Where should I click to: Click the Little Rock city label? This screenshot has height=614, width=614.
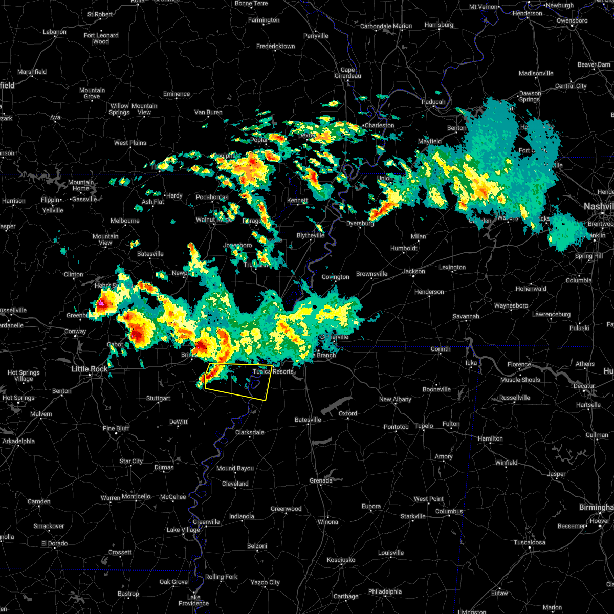click(x=90, y=369)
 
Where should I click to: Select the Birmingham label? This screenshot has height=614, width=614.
click(x=596, y=507)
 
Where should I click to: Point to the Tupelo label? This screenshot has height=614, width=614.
click(x=424, y=426)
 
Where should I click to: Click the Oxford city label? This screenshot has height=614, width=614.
click(x=348, y=413)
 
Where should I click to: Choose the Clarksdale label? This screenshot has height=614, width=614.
click(x=250, y=432)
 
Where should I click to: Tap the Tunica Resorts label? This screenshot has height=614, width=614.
click(x=273, y=371)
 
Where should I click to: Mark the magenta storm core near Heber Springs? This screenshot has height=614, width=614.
click(x=101, y=303)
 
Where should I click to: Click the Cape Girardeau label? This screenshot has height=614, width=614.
click(x=347, y=73)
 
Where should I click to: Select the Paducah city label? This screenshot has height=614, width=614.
click(x=433, y=102)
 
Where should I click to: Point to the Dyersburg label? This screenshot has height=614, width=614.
click(x=360, y=223)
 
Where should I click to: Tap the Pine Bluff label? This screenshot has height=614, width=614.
click(x=116, y=428)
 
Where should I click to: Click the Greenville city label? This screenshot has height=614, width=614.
click(x=206, y=522)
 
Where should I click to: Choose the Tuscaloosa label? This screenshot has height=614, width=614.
click(x=529, y=542)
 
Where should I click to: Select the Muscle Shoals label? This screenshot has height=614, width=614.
click(x=520, y=380)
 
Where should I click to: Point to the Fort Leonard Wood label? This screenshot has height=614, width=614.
click(x=101, y=38)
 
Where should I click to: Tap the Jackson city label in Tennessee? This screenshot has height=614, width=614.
click(x=413, y=271)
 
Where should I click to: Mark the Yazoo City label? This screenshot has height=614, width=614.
click(x=265, y=582)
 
